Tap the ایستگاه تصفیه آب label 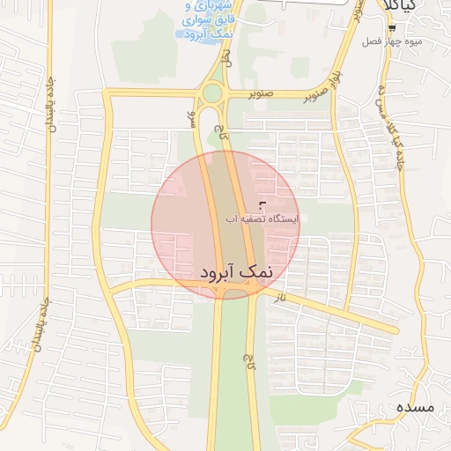[x=260, y=218]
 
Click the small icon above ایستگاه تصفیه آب [x=261, y=204]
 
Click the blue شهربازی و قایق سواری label [x=209, y=19]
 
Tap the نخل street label [x=227, y=59]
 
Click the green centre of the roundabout [x=212, y=92]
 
